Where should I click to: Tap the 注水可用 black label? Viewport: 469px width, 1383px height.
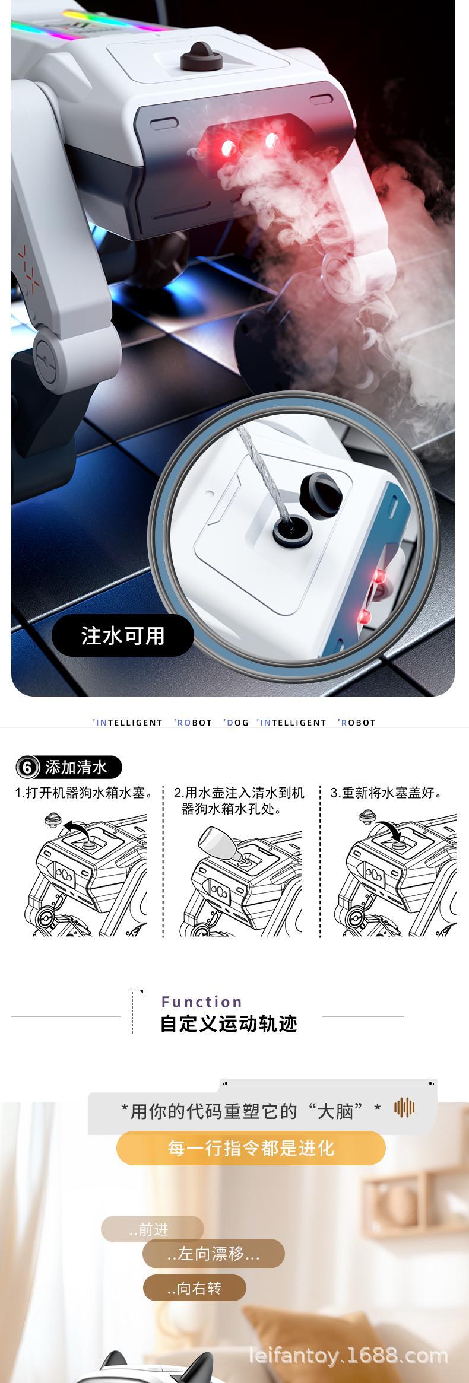coord(123,635)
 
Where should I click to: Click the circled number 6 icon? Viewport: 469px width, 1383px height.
coord(27,767)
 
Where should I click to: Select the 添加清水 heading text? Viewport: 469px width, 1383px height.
coord(76,767)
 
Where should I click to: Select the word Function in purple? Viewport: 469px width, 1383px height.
coord(202,1002)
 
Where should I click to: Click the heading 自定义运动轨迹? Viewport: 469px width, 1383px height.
coord(229,1024)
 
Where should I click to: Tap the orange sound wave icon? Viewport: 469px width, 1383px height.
coord(404,1107)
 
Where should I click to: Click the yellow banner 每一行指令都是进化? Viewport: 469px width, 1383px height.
coord(251,1147)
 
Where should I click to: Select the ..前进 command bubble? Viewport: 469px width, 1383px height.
coord(152,1229)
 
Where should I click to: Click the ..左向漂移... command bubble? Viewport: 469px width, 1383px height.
coord(213,1254)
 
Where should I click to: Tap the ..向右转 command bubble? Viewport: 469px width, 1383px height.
coord(194,1288)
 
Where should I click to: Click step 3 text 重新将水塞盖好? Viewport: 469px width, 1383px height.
coord(386,793)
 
